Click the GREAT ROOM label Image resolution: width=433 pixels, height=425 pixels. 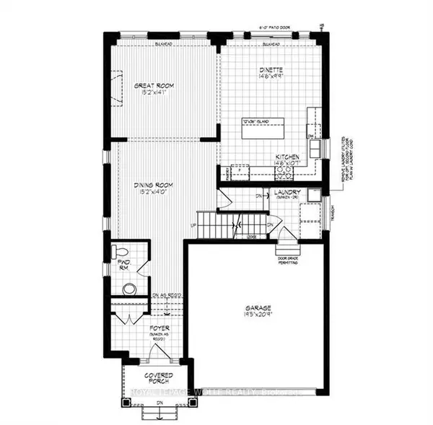pyautogui.click(x=154, y=86)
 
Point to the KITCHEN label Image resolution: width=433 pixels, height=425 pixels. pyautogui.click(x=287, y=157)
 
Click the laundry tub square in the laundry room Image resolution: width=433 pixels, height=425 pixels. pyautogui.click(x=313, y=196)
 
